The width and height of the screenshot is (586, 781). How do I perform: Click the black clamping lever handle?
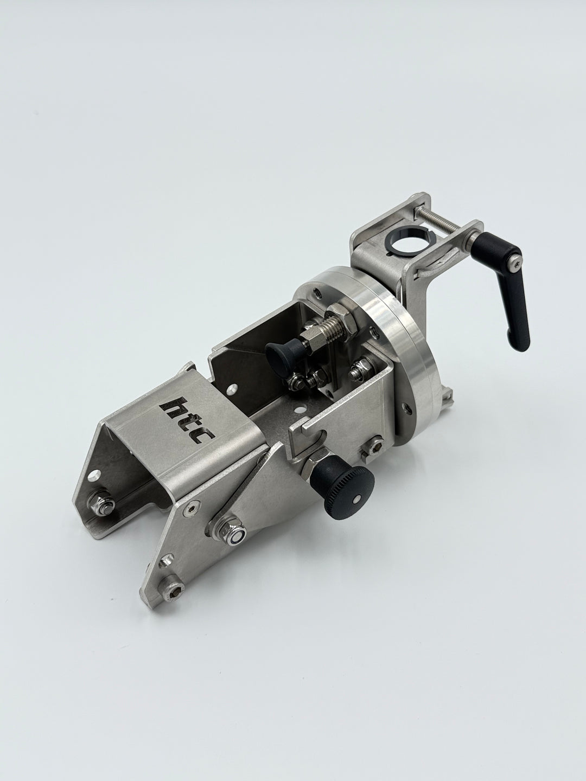pos(505,284)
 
